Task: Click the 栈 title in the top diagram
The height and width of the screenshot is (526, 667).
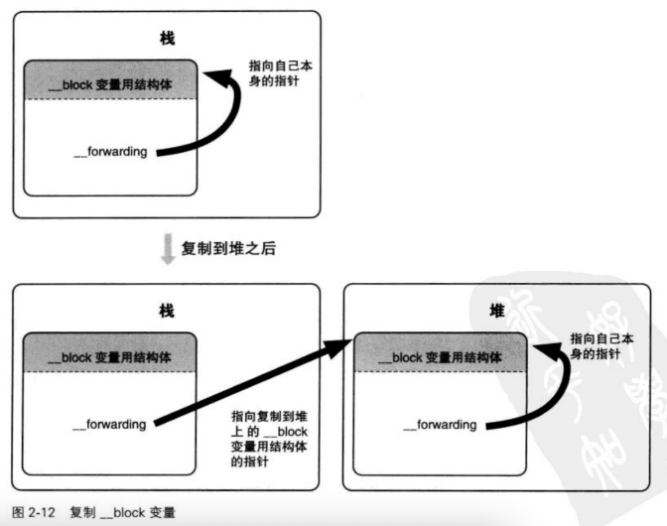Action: click(x=167, y=40)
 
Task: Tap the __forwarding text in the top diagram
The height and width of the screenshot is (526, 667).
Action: click(x=110, y=152)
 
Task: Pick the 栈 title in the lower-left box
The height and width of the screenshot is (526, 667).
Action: click(x=167, y=311)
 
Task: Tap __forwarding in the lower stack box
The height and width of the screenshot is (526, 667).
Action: click(x=110, y=425)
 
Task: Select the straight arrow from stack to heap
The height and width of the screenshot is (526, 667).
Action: click(x=253, y=383)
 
